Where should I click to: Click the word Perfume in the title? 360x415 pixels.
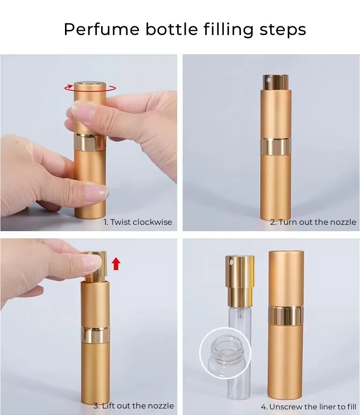pyautogui.click(x=101, y=29)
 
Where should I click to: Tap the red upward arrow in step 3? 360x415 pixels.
pyautogui.click(x=116, y=264)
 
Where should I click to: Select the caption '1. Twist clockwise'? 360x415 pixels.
pyautogui.click(x=137, y=222)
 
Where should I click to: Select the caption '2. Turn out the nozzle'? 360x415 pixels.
pyautogui.click(x=313, y=222)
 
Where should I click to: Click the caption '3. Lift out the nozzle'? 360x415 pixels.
pyautogui.click(x=133, y=406)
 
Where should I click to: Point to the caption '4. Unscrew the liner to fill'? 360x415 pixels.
pyautogui.click(x=309, y=407)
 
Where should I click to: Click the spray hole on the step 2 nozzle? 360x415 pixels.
pyautogui.click(x=269, y=79)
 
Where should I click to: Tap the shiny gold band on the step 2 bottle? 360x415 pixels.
pyautogui.click(x=276, y=146)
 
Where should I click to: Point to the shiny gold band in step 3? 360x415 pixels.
pyautogui.click(x=95, y=334)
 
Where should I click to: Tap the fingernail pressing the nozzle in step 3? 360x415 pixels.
pyautogui.click(x=91, y=262)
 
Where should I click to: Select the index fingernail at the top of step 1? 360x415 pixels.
pyautogui.click(x=81, y=110)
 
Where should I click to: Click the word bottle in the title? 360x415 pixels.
pyautogui.click(x=172, y=29)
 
